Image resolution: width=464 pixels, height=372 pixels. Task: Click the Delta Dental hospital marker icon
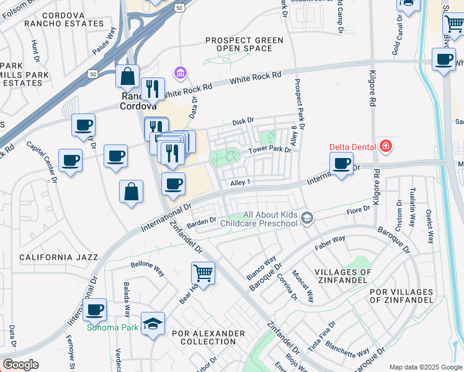386,146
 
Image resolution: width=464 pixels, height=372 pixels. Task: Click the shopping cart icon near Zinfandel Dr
203,272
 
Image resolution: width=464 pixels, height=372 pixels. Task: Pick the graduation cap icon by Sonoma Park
153,324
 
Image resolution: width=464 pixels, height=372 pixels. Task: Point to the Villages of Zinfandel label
342,277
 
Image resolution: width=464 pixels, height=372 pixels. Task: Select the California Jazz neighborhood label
58,257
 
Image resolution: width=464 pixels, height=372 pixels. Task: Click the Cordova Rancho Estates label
64,19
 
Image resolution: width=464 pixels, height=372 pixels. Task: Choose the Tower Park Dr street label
270,150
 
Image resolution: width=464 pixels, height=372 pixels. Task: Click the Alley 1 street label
239,182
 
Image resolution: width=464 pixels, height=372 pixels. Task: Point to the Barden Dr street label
201,220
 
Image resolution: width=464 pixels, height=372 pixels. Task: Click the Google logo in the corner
20,365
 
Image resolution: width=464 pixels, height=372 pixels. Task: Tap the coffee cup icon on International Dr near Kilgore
341,163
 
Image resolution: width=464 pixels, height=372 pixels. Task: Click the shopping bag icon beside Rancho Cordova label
127,77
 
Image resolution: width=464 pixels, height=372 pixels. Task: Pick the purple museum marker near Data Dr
181,74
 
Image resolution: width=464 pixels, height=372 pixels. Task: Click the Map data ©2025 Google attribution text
425,366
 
